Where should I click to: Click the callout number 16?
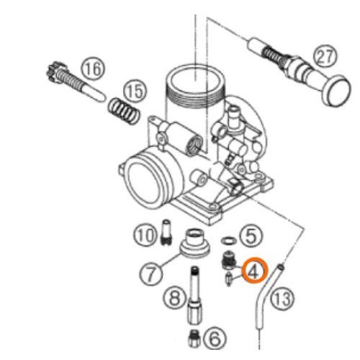pyautogui.click(x=94, y=68)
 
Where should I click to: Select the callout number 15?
pyautogui.click(x=135, y=91)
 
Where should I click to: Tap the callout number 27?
pyautogui.click(x=325, y=57)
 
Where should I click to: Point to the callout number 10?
pyautogui.click(x=145, y=235)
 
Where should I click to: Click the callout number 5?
pyautogui.click(x=251, y=236)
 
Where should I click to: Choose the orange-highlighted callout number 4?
pyautogui.click(x=254, y=270)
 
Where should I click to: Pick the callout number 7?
pyautogui.click(x=151, y=274)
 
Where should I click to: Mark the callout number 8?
pyautogui.click(x=174, y=298)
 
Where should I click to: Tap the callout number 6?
pyautogui.click(x=215, y=338)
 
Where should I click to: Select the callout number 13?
pyautogui.click(x=282, y=299)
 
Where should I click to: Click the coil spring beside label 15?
pyautogui.click(x=123, y=111)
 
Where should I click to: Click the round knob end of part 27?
pyautogui.click(x=336, y=91)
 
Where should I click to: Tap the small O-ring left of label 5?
pyautogui.click(x=228, y=240)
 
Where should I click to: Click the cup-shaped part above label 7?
pyautogui.click(x=195, y=243)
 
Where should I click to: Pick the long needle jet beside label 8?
pyautogui.click(x=195, y=295)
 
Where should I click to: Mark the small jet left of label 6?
pyautogui.click(x=194, y=338)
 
